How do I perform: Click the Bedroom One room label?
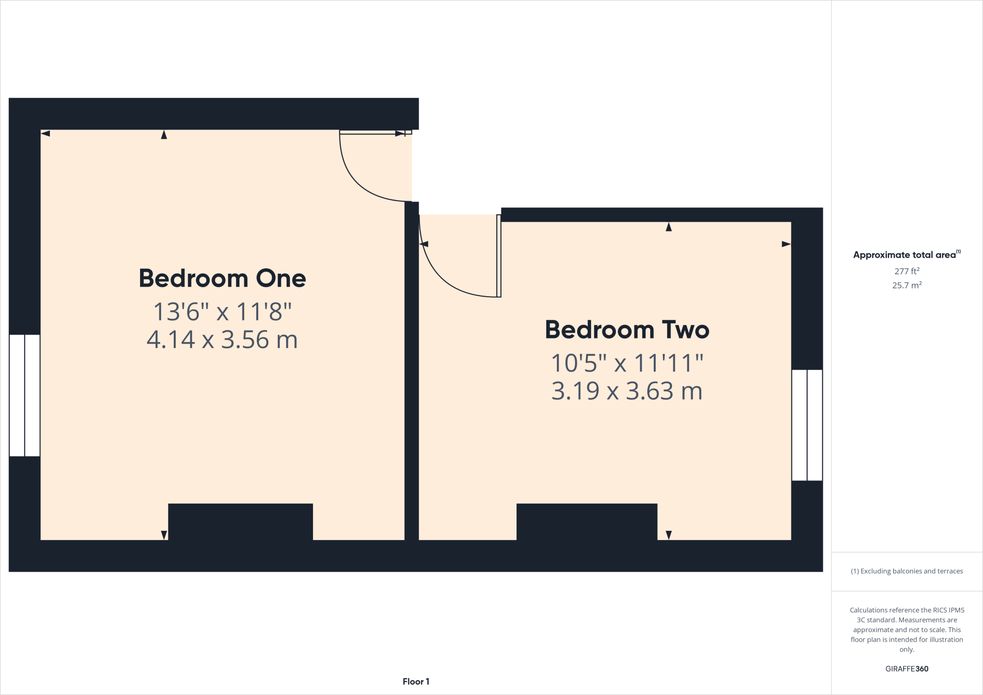click(x=222, y=278)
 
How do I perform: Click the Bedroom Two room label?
click(x=627, y=330)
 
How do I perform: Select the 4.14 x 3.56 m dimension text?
click(x=222, y=340)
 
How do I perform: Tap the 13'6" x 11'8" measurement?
click(x=222, y=312)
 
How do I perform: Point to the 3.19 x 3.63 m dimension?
click(x=627, y=391)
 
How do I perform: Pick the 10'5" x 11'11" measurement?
click(x=627, y=363)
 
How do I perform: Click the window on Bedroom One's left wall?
click(x=24, y=395)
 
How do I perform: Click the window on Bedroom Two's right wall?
click(x=807, y=425)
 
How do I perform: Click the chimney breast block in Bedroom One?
click(x=240, y=521)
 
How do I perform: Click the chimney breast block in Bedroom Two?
click(x=587, y=521)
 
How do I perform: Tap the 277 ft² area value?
click(x=906, y=271)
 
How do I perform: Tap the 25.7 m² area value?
click(x=906, y=285)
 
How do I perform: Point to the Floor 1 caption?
click(x=416, y=682)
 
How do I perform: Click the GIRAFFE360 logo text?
click(x=906, y=669)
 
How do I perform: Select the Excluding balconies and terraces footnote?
click(x=906, y=571)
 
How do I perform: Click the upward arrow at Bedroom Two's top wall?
click(x=669, y=227)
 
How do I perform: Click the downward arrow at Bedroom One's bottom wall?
click(x=164, y=535)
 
